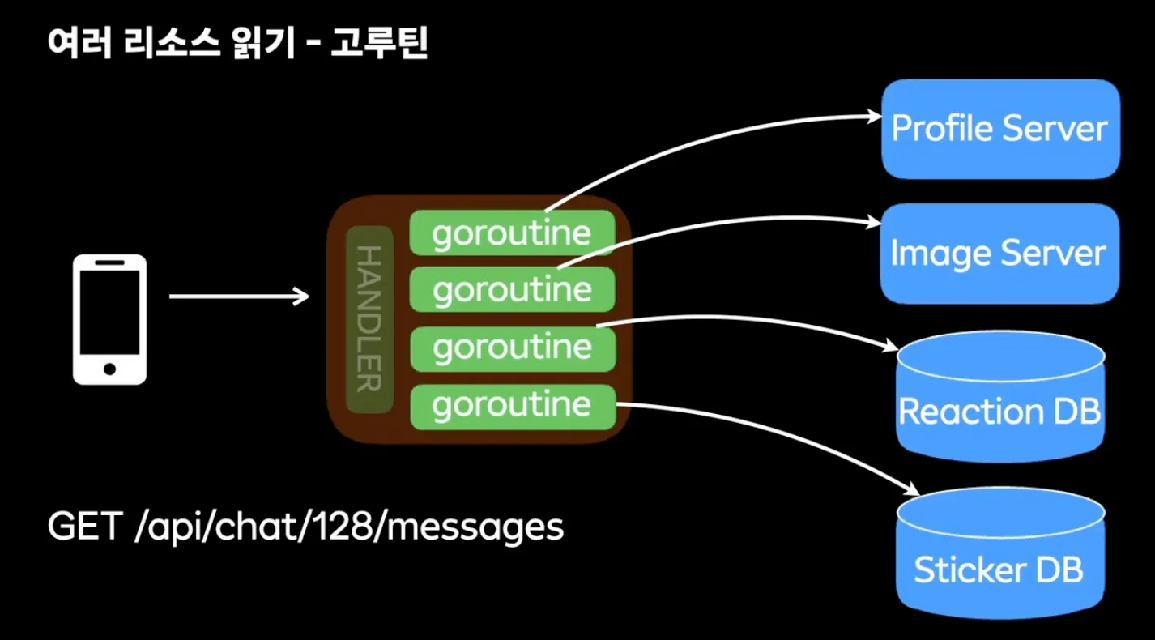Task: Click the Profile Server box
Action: click(1000, 129)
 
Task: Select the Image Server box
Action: click(999, 254)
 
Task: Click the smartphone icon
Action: click(109, 319)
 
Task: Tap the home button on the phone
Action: click(109, 369)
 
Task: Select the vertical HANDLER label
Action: click(369, 319)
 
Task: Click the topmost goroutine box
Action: click(511, 233)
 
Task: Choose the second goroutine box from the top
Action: click(511, 290)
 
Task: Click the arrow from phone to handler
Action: click(239, 297)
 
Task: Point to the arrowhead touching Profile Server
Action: click(876, 117)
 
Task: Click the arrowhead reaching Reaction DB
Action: click(892, 347)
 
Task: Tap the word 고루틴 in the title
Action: click(378, 45)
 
